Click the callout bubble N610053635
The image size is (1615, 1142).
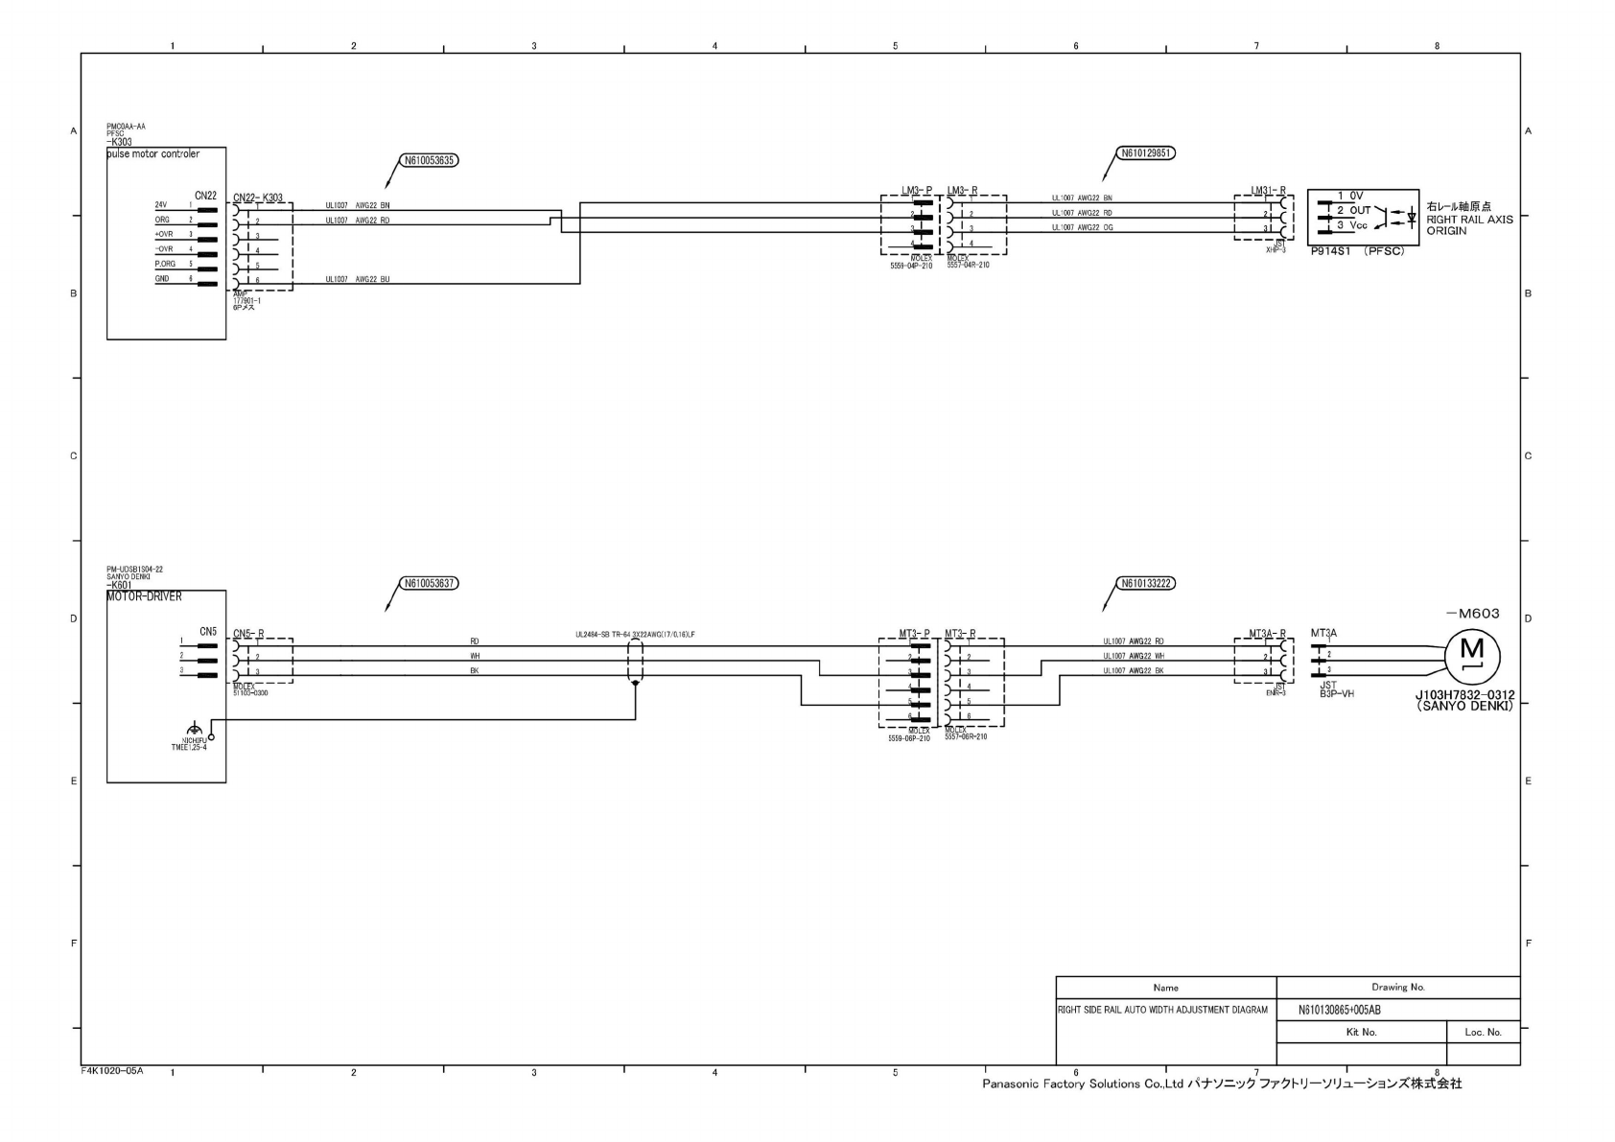[429, 161]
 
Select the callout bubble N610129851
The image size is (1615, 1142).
[1147, 152]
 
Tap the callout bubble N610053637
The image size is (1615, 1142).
[429, 583]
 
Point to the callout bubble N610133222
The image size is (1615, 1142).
[1147, 583]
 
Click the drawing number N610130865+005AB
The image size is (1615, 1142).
[1339, 1010]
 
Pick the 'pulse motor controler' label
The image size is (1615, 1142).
[153, 154]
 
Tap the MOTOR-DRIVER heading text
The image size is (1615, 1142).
[144, 596]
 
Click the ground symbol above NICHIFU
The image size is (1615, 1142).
[195, 726]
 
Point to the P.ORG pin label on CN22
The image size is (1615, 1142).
[165, 264]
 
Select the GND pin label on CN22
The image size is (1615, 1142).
[162, 279]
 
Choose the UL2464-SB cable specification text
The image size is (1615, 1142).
[634, 635]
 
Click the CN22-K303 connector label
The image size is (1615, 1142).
[258, 198]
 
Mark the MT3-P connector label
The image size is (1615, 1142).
[914, 633]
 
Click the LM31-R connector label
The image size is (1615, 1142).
[1268, 191]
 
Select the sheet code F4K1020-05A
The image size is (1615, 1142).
[111, 1069]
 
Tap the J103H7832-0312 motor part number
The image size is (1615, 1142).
[1464, 697]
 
